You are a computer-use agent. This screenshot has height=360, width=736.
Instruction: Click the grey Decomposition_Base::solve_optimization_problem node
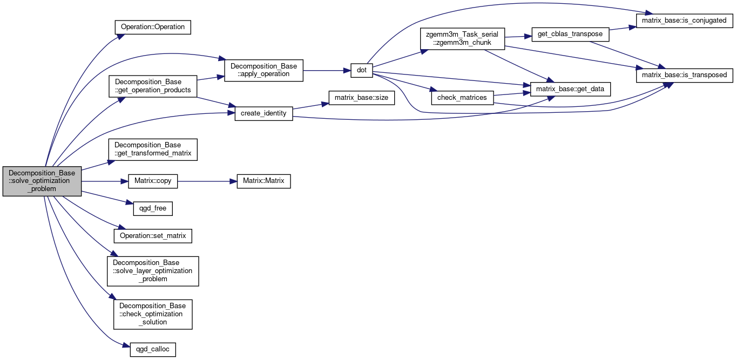(x=42, y=181)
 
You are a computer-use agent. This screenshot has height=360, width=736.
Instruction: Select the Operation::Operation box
(x=153, y=27)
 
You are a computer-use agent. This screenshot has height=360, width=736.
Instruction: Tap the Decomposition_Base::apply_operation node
(x=264, y=70)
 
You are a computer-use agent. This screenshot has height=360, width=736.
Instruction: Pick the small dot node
(x=361, y=70)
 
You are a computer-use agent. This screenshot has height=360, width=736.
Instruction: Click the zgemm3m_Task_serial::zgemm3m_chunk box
(x=462, y=39)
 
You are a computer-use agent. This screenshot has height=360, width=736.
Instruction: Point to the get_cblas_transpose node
(x=570, y=34)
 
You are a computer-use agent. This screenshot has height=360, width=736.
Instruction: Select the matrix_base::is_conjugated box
(x=684, y=21)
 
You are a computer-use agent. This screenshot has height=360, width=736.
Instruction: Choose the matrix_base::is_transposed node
(x=684, y=75)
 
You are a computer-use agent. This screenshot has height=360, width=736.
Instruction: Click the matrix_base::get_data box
(x=570, y=89)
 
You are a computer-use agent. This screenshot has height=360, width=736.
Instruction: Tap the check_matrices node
(x=462, y=98)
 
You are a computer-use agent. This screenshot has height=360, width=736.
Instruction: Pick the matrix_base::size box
(x=361, y=98)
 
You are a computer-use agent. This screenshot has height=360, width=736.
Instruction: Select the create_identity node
(x=264, y=113)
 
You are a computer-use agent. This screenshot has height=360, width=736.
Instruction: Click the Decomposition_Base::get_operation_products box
(x=153, y=86)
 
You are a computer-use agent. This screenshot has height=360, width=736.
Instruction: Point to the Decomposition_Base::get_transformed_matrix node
(x=153, y=150)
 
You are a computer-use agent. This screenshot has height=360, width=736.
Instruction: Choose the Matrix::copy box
(x=153, y=181)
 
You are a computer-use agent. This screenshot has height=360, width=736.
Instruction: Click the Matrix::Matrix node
(x=264, y=181)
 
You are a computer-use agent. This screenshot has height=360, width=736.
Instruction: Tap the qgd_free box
(x=153, y=208)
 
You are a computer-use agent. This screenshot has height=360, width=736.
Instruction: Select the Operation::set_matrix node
(x=153, y=236)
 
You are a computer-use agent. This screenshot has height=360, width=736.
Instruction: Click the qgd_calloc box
(x=153, y=350)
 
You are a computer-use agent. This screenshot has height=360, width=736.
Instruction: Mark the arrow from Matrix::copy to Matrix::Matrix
(x=207, y=181)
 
